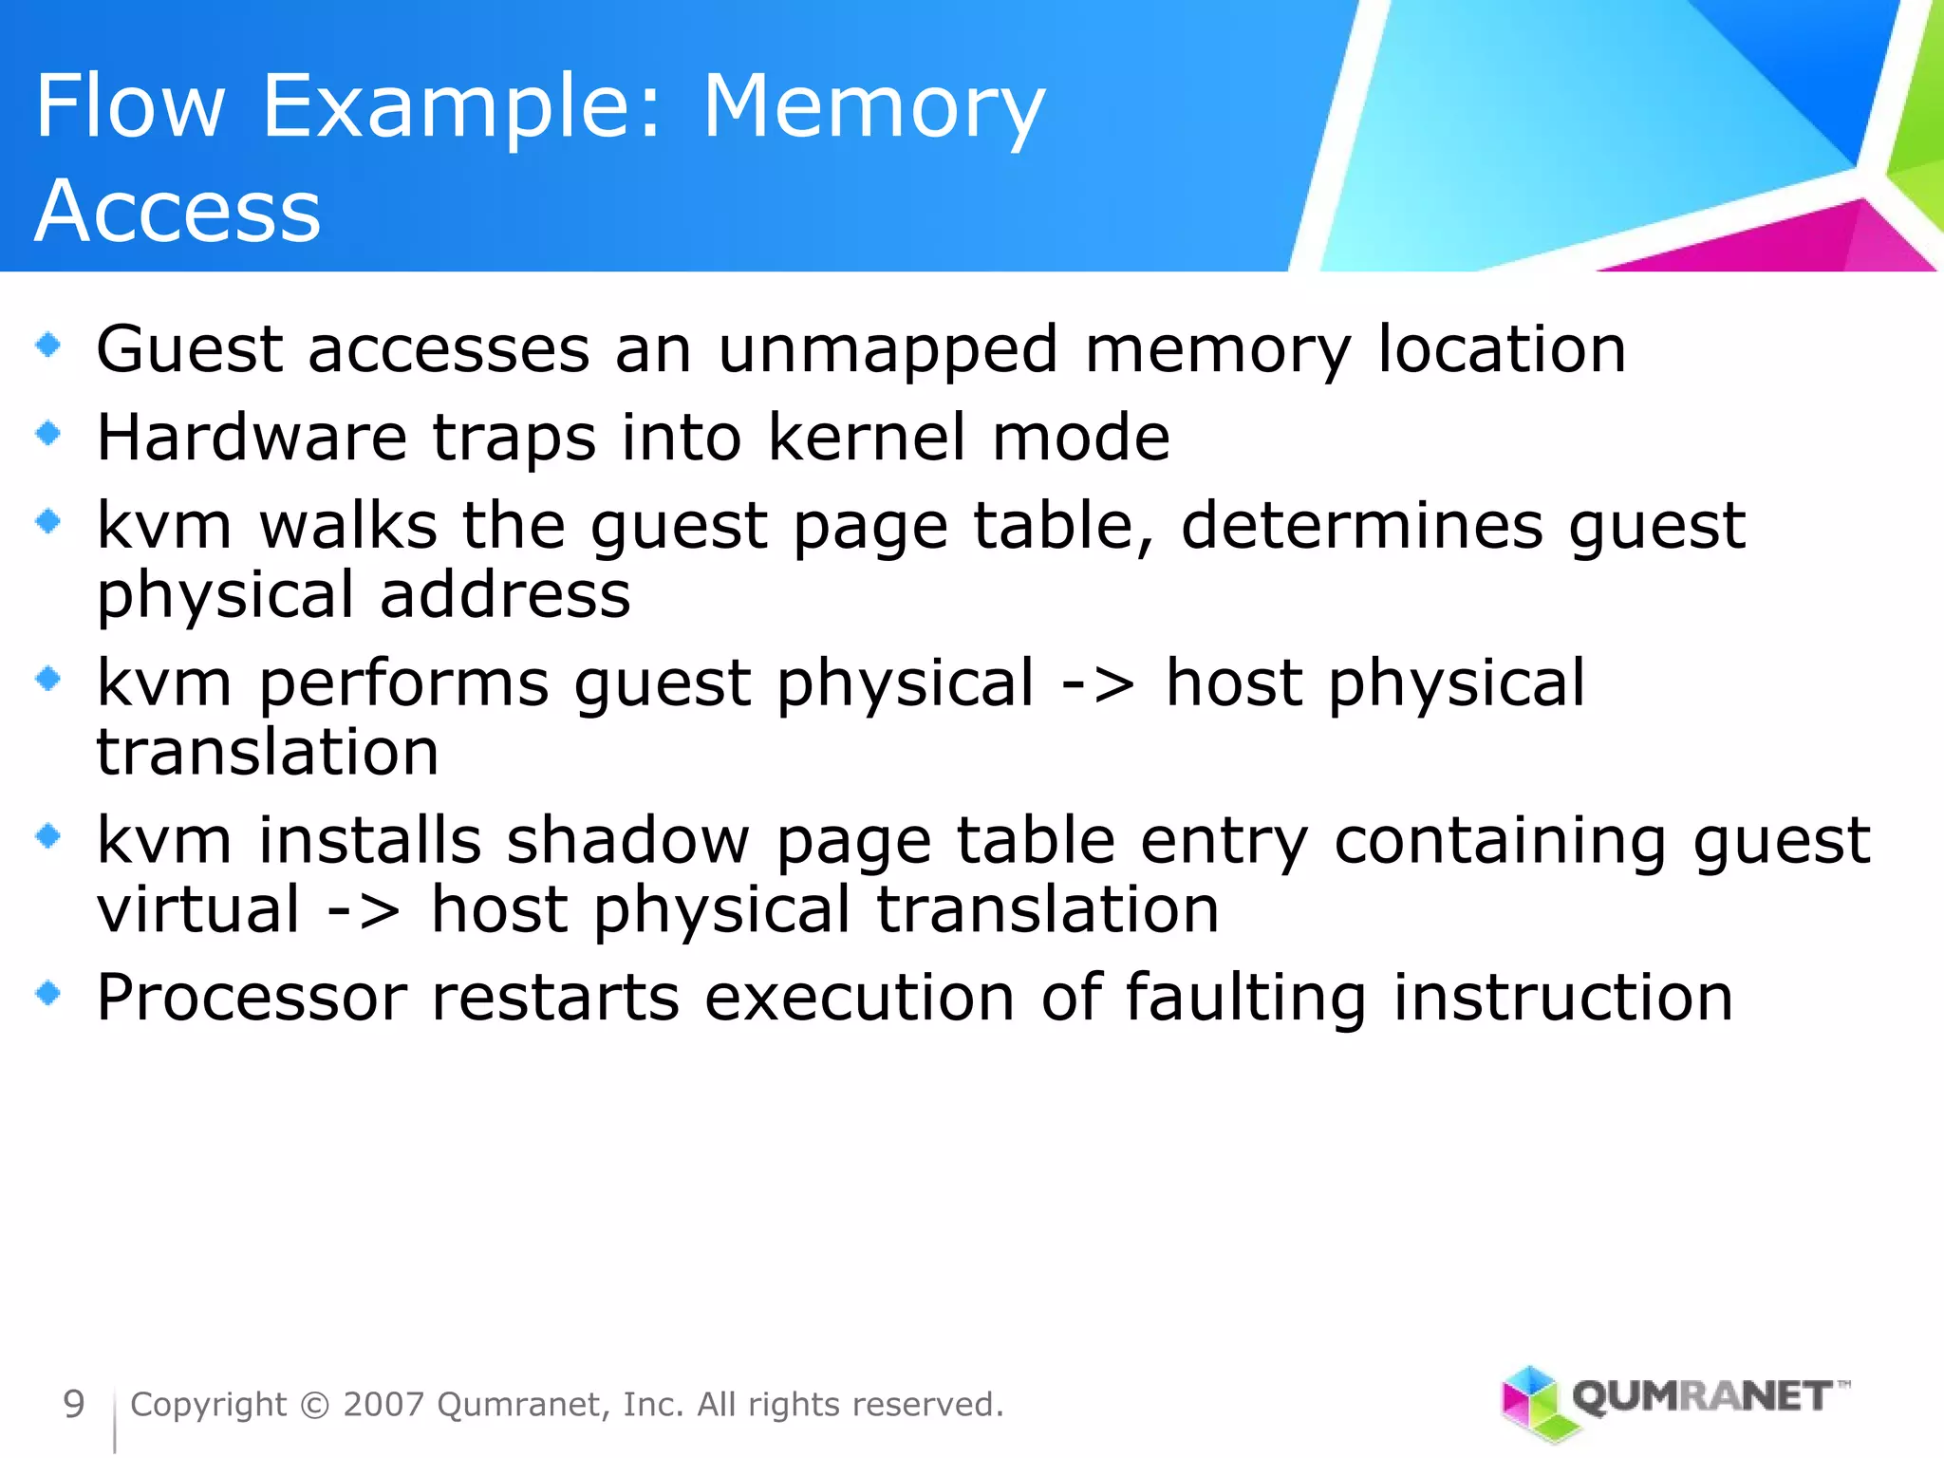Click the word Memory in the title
pos(873,109)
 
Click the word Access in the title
pos(178,211)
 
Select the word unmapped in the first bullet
pos(888,350)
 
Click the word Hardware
pos(252,438)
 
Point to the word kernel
pos(867,438)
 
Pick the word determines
pos(1361,526)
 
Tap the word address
pos(505,595)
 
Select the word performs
pos(403,683)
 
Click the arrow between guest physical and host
pos(1098,683)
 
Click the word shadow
pos(627,841)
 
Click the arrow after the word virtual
pos(364,910)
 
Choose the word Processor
pos(252,999)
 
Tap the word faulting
pos(1245,999)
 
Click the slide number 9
pos(73,1405)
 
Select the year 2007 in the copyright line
pos(383,1405)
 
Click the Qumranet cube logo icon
pos(1530,1402)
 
